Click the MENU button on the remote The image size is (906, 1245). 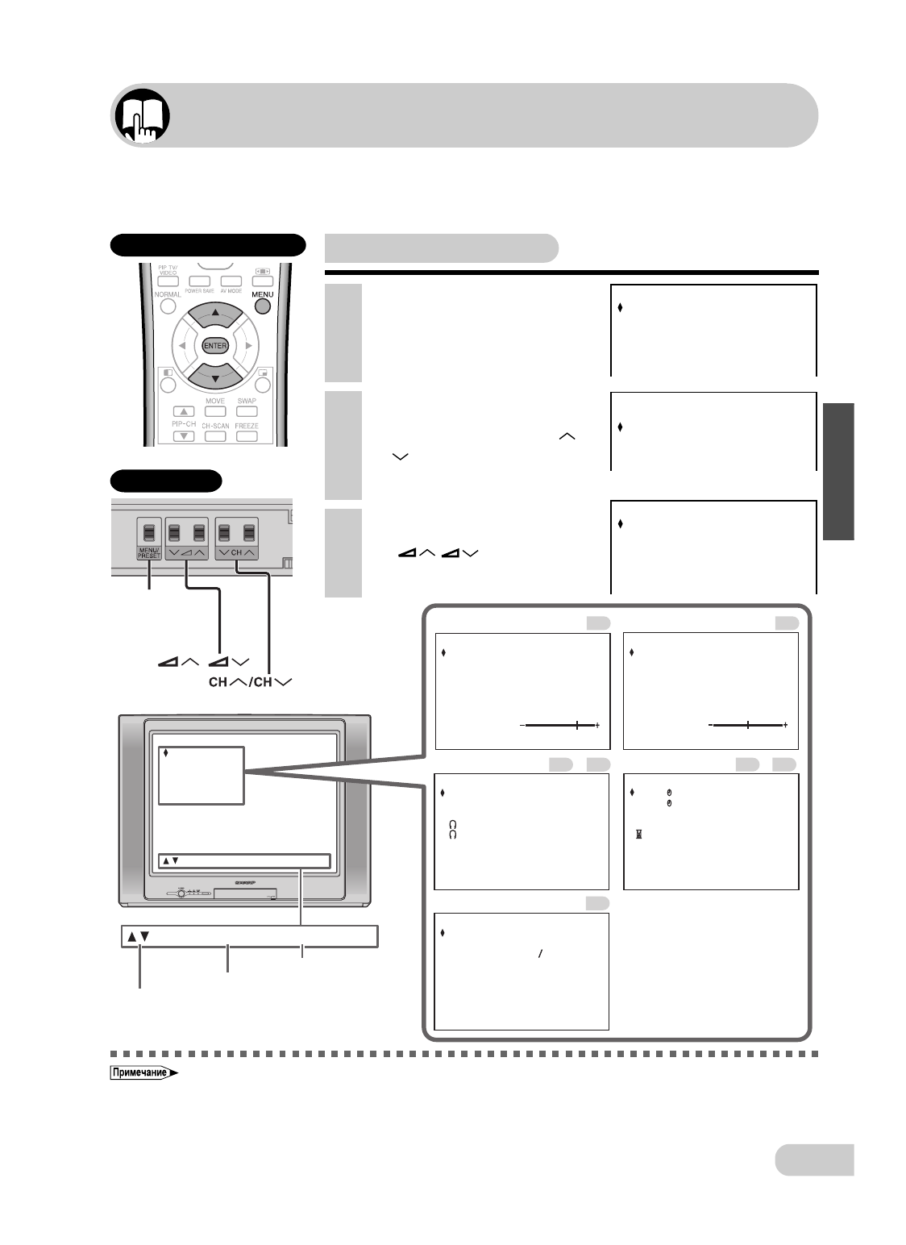pos(263,307)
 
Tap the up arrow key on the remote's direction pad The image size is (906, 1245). pos(214,315)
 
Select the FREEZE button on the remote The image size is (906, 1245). pos(247,435)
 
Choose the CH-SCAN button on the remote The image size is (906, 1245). pos(214,435)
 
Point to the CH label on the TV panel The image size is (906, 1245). pos(238,553)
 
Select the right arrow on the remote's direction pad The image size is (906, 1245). pos(249,345)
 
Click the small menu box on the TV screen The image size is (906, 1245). pos(201,775)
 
